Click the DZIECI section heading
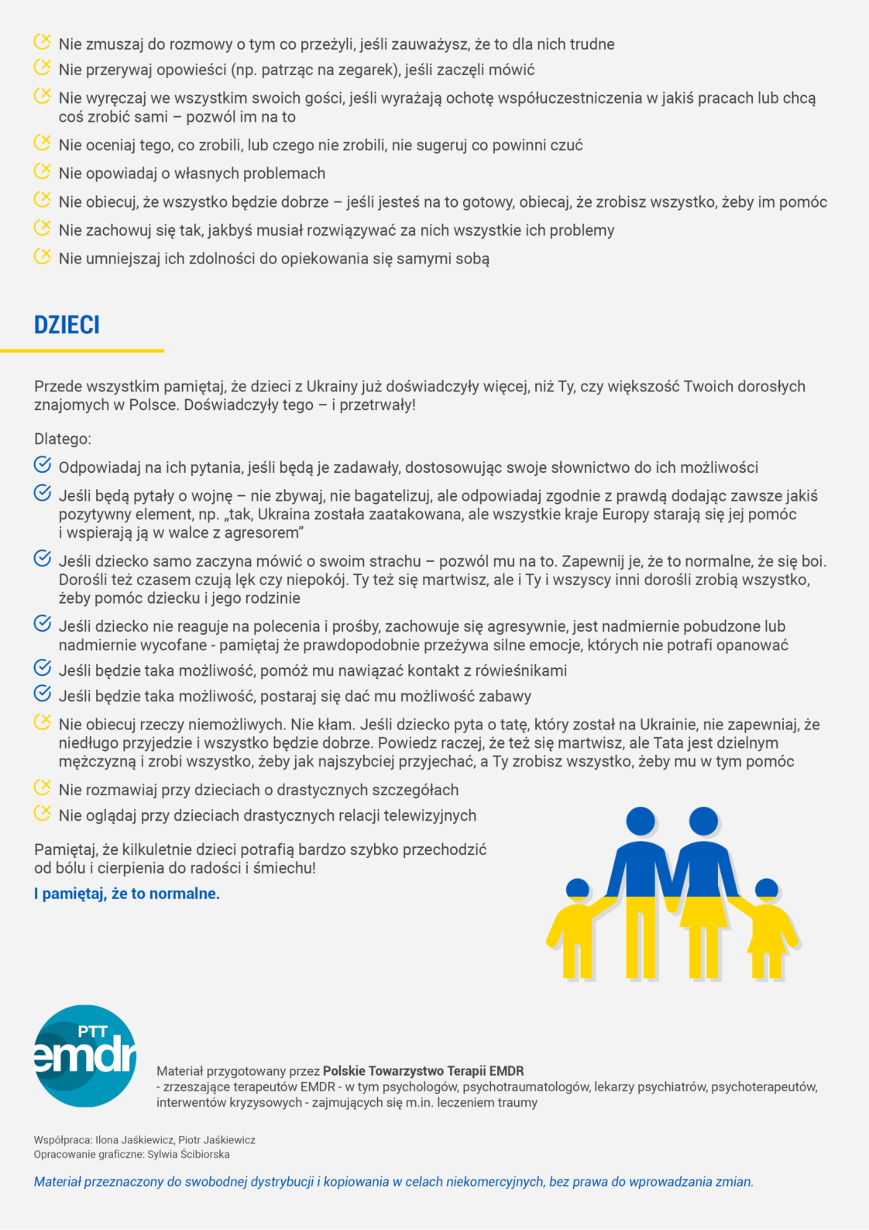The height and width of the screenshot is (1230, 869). pyautogui.click(x=67, y=325)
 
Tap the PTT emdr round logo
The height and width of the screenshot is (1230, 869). pyautogui.click(x=84, y=1056)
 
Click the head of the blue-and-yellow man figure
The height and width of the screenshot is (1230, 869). pyautogui.click(x=641, y=822)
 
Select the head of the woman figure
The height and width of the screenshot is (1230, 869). pyautogui.click(x=703, y=822)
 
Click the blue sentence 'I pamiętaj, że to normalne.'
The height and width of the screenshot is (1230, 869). pyautogui.click(x=127, y=894)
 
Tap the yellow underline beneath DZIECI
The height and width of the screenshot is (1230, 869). pyautogui.click(x=82, y=350)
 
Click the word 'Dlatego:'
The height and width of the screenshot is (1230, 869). pyautogui.click(x=63, y=439)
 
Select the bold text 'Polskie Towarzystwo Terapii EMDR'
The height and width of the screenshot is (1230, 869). pyautogui.click(x=423, y=1071)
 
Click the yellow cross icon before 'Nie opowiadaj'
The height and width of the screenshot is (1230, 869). pyautogui.click(x=43, y=171)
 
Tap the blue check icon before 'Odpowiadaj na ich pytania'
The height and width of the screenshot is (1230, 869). pyautogui.click(x=43, y=465)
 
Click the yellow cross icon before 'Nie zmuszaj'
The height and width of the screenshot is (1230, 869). pyautogui.click(x=43, y=42)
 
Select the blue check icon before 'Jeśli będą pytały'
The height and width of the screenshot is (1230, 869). pyautogui.click(x=43, y=493)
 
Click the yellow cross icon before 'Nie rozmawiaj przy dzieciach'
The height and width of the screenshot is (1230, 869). pyautogui.click(x=43, y=787)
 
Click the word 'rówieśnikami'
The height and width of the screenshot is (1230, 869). pyautogui.click(x=520, y=670)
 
